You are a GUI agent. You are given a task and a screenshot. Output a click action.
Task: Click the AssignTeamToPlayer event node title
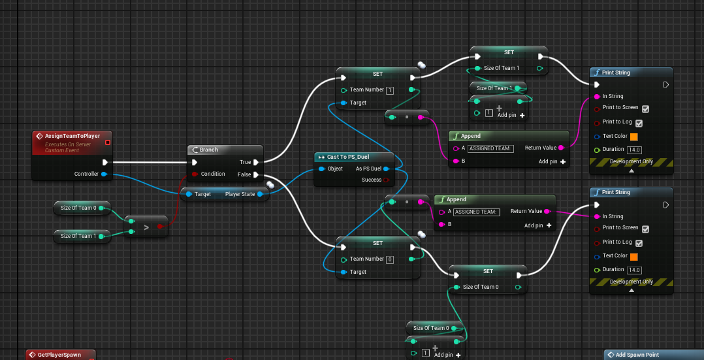(x=72, y=136)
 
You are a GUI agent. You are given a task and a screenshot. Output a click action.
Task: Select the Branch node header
(x=208, y=150)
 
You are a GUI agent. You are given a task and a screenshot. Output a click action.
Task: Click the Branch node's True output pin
(x=256, y=162)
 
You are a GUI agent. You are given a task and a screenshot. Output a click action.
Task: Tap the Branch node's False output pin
(x=256, y=174)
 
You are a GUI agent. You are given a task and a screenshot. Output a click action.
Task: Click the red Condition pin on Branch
(x=194, y=174)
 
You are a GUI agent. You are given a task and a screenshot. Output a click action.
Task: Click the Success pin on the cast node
(x=386, y=180)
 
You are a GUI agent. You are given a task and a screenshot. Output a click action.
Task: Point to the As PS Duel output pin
(x=387, y=169)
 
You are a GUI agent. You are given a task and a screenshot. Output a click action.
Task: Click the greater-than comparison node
(x=146, y=227)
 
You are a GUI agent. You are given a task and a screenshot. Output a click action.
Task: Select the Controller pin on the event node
(x=103, y=174)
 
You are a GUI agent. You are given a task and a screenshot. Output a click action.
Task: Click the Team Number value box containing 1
(x=390, y=90)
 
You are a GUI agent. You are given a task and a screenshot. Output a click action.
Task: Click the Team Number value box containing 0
(x=390, y=259)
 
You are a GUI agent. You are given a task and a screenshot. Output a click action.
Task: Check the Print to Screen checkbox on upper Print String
(x=645, y=108)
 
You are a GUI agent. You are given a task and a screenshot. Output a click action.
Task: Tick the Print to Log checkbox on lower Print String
(x=645, y=242)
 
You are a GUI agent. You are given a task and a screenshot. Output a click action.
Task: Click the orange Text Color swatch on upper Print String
(x=633, y=137)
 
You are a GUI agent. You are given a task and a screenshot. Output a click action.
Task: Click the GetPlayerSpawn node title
(x=59, y=355)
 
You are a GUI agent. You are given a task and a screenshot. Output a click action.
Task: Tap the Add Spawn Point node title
(x=637, y=355)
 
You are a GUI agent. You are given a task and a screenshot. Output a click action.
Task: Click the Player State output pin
(x=260, y=193)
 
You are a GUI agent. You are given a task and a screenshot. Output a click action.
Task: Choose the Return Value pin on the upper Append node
(x=561, y=148)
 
